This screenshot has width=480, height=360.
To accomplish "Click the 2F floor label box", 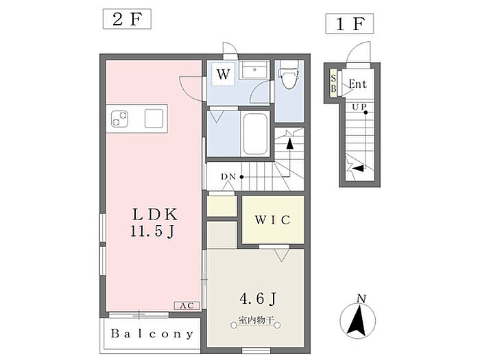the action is [127, 19].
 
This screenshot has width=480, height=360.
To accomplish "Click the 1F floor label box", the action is [350, 23].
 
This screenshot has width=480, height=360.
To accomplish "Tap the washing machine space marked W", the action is [223, 74].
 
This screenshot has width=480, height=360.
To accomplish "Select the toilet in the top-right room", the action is [289, 74].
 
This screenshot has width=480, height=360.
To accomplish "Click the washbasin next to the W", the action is [254, 70].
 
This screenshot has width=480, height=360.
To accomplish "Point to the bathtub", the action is [255, 134].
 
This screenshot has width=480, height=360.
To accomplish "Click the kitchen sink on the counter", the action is [154, 118].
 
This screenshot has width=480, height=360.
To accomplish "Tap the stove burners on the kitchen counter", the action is [119, 119].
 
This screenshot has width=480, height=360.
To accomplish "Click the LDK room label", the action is [154, 214].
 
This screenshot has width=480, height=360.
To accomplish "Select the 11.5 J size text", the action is [152, 231].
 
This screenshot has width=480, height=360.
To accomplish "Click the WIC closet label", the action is [272, 220].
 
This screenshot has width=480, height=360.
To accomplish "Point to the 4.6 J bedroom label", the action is [258, 298].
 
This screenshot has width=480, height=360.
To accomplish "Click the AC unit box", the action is [187, 306].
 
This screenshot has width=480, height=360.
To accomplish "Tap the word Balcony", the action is [152, 334].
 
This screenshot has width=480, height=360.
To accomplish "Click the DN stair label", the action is [228, 177].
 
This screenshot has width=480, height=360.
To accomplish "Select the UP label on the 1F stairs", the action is [359, 107].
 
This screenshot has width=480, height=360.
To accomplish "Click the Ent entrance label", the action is [357, 84].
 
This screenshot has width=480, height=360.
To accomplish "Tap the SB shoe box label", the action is [333, 83].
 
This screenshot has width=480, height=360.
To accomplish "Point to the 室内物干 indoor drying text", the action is [256, 320].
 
